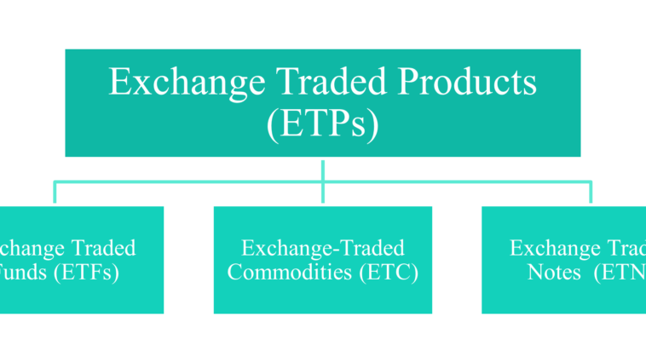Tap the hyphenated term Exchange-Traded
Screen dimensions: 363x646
[322, 249]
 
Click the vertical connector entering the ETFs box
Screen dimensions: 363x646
[55, 193]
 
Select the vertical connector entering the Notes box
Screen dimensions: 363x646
[591, 193]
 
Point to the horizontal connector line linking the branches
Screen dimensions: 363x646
[187, 181]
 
